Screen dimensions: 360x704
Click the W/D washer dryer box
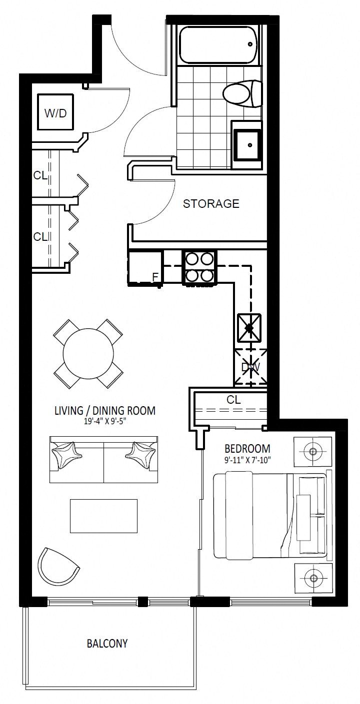pos(55,112)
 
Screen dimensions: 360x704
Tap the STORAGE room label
pos(211,204)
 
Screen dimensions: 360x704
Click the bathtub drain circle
pos(250,44)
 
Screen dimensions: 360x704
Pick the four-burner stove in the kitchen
pos(199,267)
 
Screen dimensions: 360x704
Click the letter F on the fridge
pos(154,277)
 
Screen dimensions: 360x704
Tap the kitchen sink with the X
pos(249,328)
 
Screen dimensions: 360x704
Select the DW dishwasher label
pos(250,367)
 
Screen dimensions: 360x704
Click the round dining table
pos(88,354)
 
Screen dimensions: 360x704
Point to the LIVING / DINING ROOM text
pos(105,410)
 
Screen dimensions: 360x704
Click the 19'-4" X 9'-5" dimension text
pos(104,421)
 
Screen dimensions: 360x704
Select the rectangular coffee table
pos(104,516)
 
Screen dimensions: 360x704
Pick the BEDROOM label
pos(247,449)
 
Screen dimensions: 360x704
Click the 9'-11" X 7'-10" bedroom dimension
pos(247,460)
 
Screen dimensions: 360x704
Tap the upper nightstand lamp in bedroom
pos(312,452)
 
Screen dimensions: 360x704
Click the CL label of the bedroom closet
pos(233,399)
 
